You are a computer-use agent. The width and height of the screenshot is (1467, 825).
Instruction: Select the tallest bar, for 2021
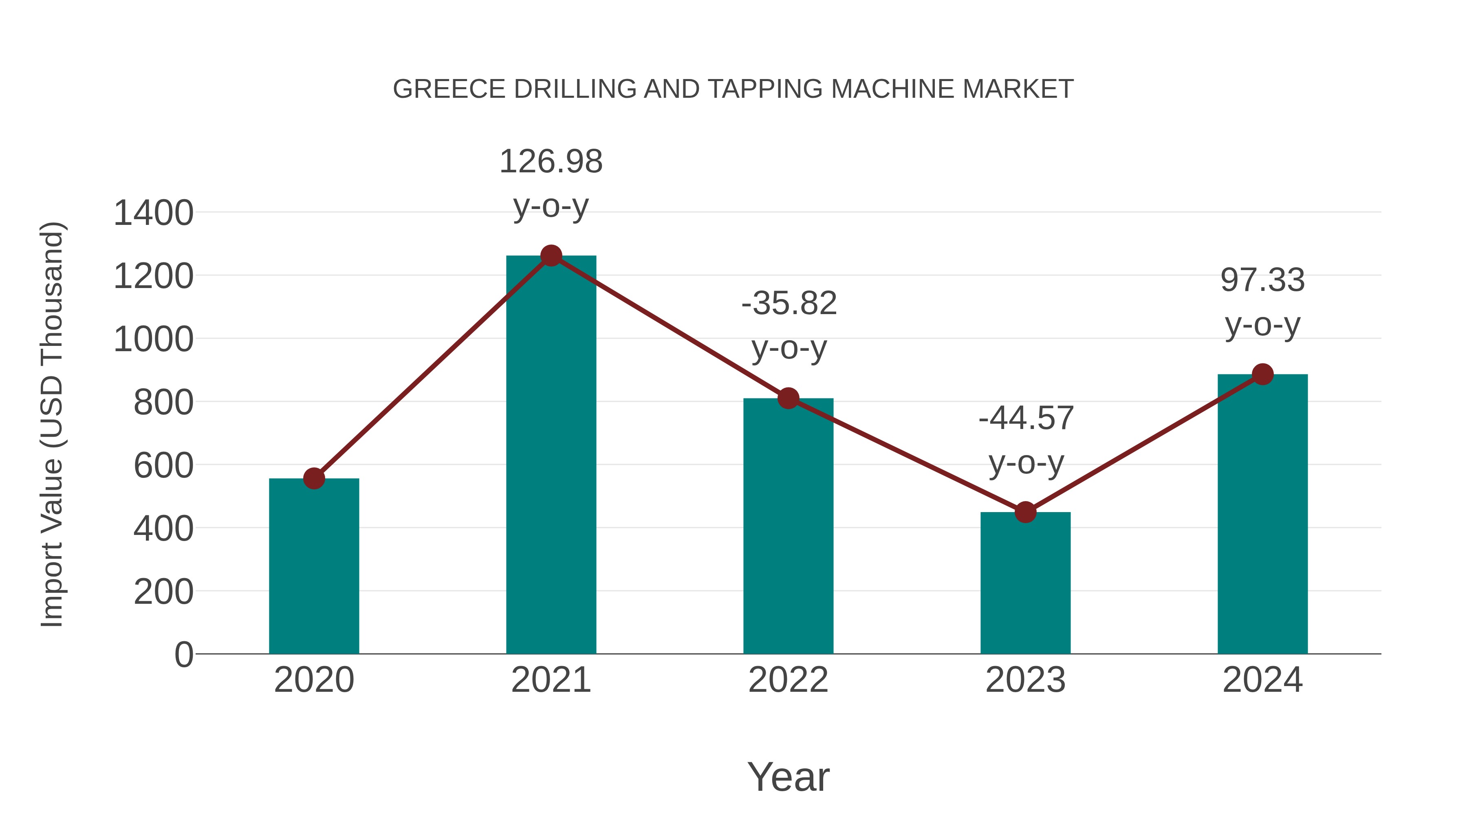[x=551, y=455]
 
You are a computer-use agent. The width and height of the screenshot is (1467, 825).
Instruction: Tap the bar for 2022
[x=788, y=527]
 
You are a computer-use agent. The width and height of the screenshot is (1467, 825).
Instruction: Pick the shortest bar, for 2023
[x=1025, y=583]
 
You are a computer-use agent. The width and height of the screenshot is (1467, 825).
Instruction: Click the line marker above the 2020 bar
[x=314, y=478]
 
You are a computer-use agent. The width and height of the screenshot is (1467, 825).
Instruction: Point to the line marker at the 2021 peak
[x=551, y=255]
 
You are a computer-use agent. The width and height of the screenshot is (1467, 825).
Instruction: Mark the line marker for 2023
[x=1025, y=513]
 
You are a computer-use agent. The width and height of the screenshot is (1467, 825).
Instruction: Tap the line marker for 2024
[x=1262, y=374]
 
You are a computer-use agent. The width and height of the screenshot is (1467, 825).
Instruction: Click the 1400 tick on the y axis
[x=154, y=213]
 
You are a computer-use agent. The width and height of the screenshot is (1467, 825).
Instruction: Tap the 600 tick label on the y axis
[x=163, y=466]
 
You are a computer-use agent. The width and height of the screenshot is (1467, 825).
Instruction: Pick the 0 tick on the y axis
[x=184, y=655]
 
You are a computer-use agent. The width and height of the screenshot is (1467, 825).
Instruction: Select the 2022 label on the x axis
[x=788, y=680]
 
